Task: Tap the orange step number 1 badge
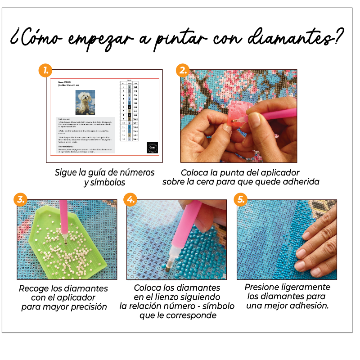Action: (x=45, y=70)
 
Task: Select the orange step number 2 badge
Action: (x=183, y=70)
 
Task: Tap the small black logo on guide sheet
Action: (x=153, y=148)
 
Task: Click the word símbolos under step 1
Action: (x=108, y=182)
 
